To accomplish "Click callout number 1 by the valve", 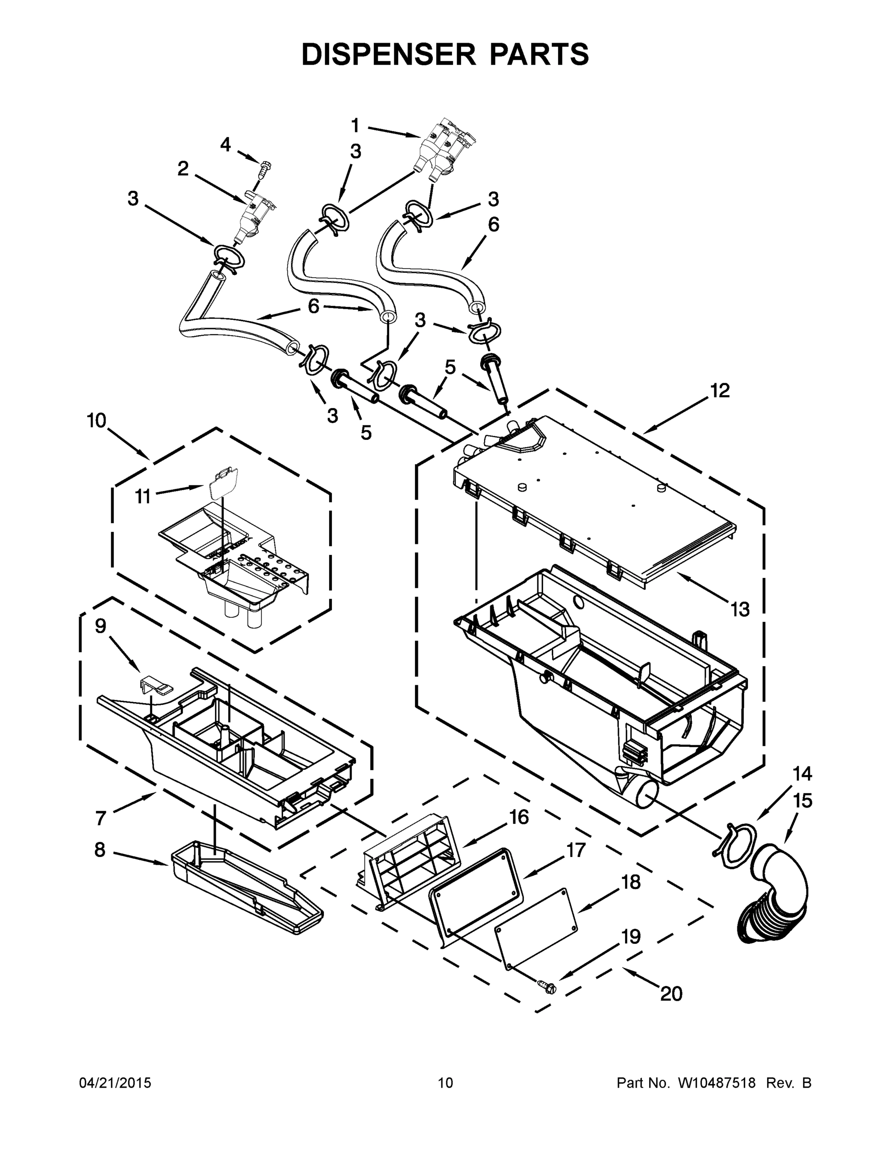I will point(356,126).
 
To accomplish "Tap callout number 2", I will point(183,169).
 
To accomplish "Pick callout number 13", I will point(740,610).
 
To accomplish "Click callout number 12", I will point(720,390).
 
